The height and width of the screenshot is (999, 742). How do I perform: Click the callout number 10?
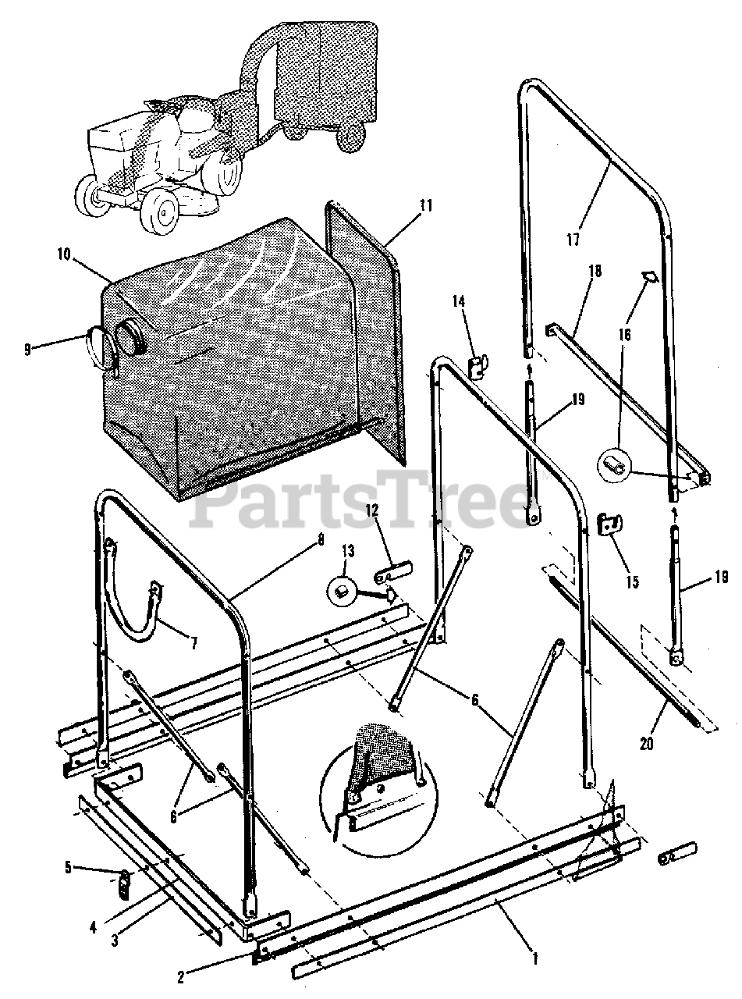tap(63, 254)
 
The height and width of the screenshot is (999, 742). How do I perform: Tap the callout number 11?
tap(424, 206)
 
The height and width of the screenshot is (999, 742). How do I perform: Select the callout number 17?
tap(573, 240)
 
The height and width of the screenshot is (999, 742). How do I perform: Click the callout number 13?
tap(346, 551)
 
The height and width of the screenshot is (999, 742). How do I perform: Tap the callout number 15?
tap(631, 581)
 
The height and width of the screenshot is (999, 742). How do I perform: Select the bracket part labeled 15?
tap(609, 524)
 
